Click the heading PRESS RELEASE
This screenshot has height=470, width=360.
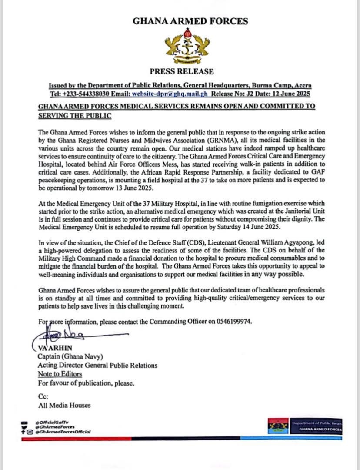pos(181,71)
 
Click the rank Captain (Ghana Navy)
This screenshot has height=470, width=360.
pos(70,357)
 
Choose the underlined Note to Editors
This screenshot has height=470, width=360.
pos(60,374)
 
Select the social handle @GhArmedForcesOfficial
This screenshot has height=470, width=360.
pos(63,432)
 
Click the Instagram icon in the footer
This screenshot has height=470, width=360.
pos(30,432)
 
